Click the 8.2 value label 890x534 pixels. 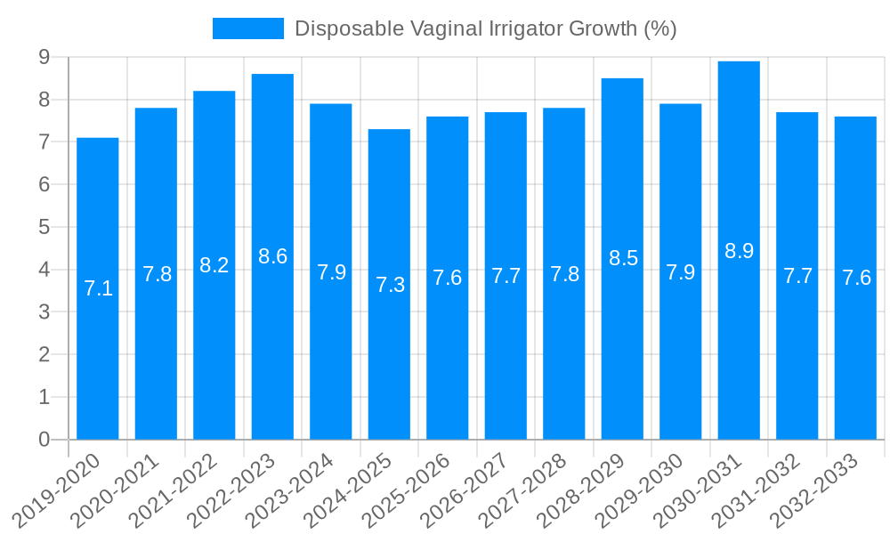click(x=214, y=265)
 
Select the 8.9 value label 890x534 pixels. click(x=739, y=251)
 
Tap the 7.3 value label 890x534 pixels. click(x=390, y=285)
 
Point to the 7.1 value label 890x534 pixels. click(x=98, y=288)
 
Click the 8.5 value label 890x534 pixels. click(x=623, y=259)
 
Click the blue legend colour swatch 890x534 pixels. click(x=247, y=28)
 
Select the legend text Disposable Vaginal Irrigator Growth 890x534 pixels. click(x=485, y=28)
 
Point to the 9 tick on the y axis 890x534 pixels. click(x=44, y=57)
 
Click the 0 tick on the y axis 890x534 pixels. click(x=44, y=440)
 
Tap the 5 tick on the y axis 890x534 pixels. click(x=44, y=227)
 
